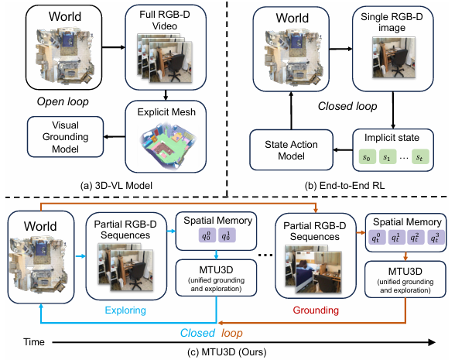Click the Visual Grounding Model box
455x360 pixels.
click(65, 137)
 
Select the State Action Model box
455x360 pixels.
click(291, 150)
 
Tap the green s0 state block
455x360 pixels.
click(367, 157)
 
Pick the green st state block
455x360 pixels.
click(420, 157)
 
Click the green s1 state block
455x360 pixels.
click(388, 157)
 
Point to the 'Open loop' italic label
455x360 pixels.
click(63, 101)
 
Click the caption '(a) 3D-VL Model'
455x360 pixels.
click(116, 185)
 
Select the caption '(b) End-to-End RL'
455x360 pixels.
click(345, 185)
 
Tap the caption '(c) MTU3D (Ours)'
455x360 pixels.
click(227, 351)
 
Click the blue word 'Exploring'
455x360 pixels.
click(125, 310)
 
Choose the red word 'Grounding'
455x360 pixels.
click(316, 310)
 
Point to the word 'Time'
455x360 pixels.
click(34, 342)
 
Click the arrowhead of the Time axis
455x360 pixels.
click(432, 342)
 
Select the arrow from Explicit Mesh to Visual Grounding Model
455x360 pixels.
click(115, 137)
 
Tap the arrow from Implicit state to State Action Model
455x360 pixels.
click(343, 150)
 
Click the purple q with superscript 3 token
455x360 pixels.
click(435, 238)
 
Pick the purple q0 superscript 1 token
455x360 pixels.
click(227, 235)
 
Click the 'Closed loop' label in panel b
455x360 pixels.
click(347, 106)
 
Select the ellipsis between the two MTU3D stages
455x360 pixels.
click(265, 255)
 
